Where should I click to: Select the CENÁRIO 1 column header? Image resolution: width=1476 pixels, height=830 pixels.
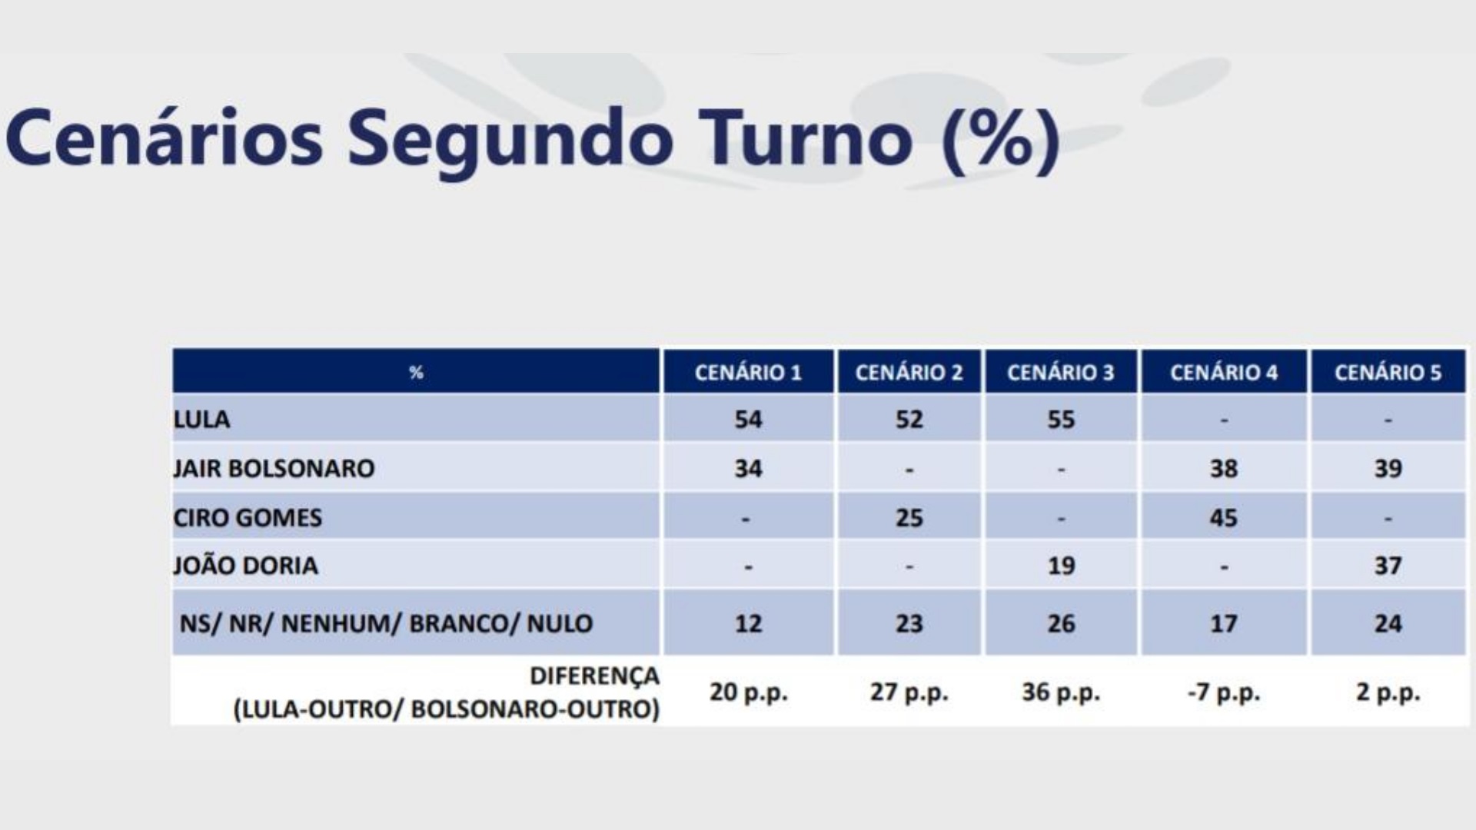click(x=748, y=373)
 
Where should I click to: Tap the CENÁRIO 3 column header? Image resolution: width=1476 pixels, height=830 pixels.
click(x=1061, y=373)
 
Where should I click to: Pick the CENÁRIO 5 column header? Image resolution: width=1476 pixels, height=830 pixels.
click(x=1388, y=373)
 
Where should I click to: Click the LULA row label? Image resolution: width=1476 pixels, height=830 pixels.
click(x=201, y=420)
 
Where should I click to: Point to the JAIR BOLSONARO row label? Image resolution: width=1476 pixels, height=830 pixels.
click(x=274, y=468)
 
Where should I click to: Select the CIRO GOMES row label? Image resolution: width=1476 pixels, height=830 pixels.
click(x=248, y=517)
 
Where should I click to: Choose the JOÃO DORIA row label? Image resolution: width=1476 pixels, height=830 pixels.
click(x=245, y=565)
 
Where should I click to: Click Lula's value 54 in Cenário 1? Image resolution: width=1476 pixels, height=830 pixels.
click(x=748, y=420)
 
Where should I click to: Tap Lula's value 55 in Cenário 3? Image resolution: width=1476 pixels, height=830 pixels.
click(x=1061, y=420)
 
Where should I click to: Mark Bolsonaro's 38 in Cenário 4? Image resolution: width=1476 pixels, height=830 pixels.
click(x=1224, y=468)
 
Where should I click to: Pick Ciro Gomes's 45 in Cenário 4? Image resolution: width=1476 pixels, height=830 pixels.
click(x=1224, y=517)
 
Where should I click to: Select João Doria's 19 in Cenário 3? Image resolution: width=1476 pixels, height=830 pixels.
click(x=1061, y=566)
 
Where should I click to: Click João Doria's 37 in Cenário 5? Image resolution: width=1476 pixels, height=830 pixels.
click(x=1388, y=566)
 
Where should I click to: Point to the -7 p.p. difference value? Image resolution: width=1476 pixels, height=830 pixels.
click(x=1224, y=693)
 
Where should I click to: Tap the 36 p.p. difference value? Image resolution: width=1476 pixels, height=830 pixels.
click(x=1061, y=693)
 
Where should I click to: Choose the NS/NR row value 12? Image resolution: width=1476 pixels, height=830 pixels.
click(x=748, y=623)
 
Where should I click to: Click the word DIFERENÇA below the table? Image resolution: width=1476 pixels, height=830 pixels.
click(x=594, y=676)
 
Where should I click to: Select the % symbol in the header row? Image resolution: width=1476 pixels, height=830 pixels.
click(x=416, y=373)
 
